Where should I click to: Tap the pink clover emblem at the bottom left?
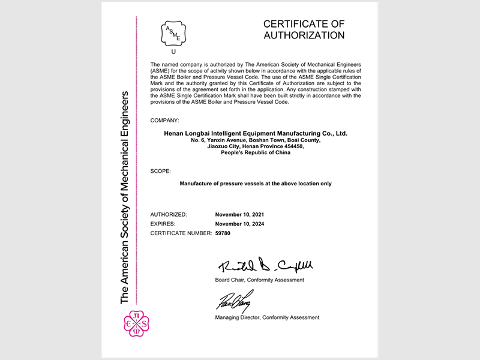click(133, 325)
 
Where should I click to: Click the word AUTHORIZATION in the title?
click(304, 35)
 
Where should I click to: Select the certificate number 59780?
click(223, 233)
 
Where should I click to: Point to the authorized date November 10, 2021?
click(239, 214)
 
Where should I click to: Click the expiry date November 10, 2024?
click(239, 224)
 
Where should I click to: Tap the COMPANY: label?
click(164, 121)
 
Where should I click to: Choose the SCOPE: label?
click(160, 171)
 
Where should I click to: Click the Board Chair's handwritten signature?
click(265, 265)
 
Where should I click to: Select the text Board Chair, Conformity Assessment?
click(259, 280)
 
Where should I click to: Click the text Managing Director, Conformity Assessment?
click(267, 317)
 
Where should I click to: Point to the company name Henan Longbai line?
click(256, 133)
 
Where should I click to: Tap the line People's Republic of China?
click(256, 152)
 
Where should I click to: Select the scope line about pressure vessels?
click(256, 184)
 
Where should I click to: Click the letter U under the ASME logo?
click(173, 52)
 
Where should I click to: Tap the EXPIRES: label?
click(163, 224)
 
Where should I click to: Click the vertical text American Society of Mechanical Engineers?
click(125, 198)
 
